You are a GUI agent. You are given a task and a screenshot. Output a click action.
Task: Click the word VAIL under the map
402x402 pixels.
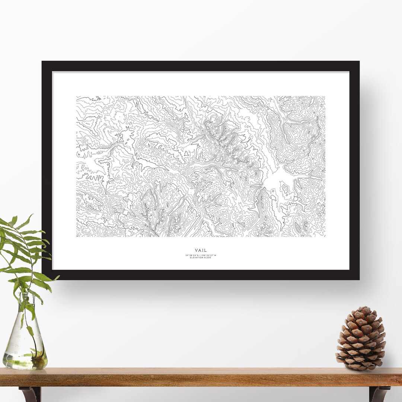(200, 250)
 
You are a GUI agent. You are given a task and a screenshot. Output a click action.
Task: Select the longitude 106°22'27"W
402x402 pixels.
(208, 255)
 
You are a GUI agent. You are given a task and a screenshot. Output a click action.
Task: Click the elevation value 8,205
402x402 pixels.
(207, 258)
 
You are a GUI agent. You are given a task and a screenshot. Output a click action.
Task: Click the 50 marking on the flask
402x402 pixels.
(16, 352)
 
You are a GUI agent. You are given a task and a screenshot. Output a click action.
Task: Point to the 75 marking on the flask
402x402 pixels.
(16, 345)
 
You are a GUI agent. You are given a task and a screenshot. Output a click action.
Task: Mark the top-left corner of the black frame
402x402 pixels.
(42, 62)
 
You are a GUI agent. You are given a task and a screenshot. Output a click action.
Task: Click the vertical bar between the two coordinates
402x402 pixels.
(200, 255)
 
